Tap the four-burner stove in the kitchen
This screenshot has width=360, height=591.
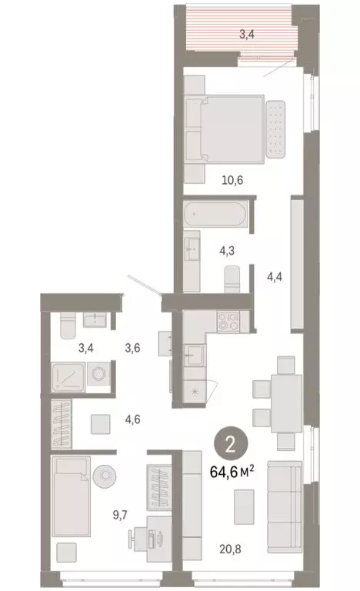point(228,321)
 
